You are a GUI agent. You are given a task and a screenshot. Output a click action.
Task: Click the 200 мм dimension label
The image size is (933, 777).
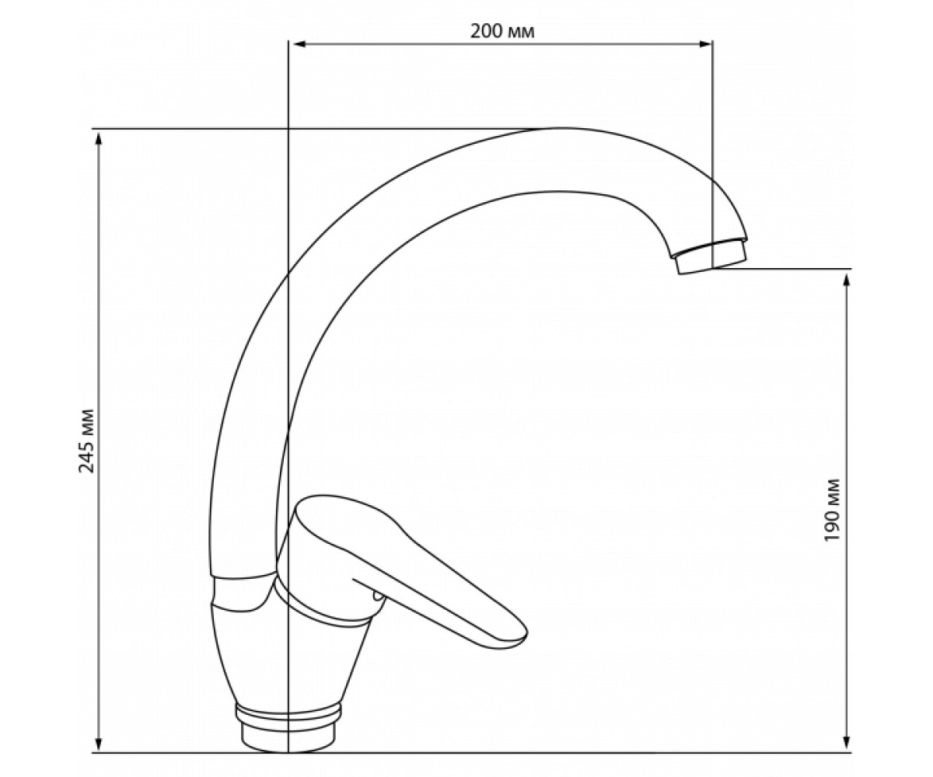(501, 32)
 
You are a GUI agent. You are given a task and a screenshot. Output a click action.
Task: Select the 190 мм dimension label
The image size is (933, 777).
(832, 510)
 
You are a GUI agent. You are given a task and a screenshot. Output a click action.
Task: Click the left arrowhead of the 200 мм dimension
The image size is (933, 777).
(297, 44)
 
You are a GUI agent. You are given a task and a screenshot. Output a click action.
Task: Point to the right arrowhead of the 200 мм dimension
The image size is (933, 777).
(704, 44)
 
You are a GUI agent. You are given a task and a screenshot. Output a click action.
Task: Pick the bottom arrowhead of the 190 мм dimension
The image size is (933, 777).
(846, 744)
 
